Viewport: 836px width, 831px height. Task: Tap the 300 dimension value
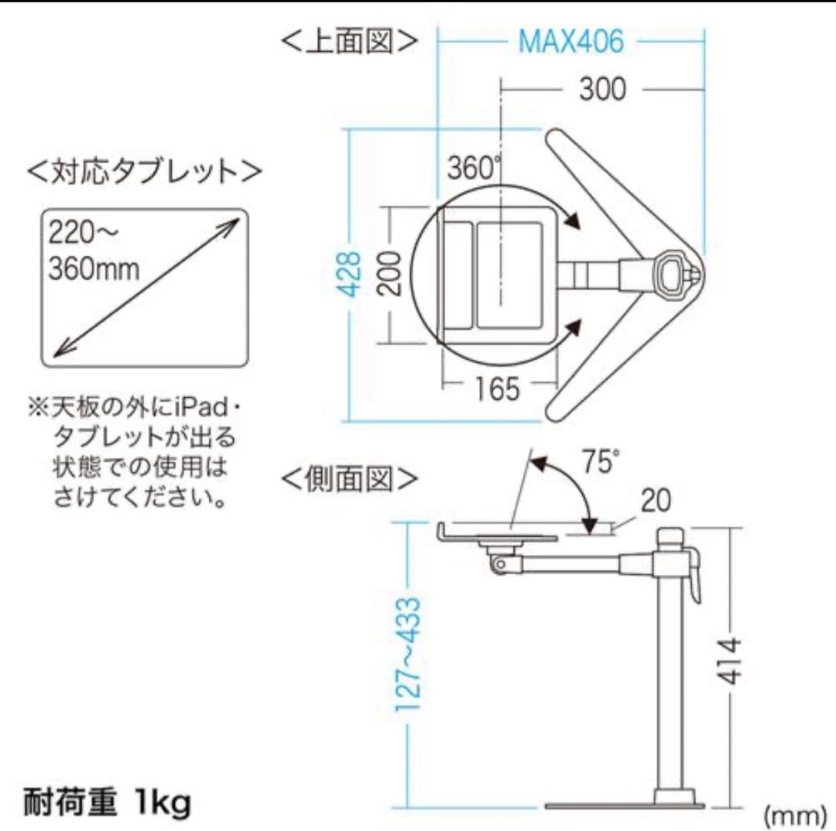[x=601, y=90]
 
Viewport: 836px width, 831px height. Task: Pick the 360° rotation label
[x=473, y=167]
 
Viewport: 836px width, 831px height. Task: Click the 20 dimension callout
[x=656, y=502]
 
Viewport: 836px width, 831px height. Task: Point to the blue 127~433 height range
[x=412, y=665]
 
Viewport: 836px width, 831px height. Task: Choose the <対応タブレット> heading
[x=144, y=170]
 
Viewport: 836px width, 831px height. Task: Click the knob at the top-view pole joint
[x=670, y=272]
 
